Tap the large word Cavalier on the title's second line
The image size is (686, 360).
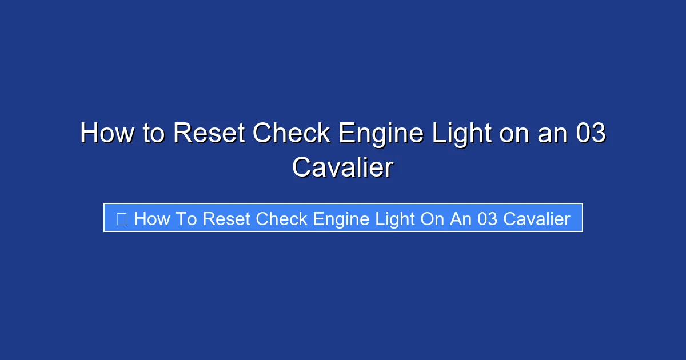tap(342, 168)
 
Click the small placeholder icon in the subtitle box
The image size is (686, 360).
tap(121, 218)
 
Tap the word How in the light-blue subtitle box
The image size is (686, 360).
tap(151, 219)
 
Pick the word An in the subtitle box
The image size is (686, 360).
tap(461, 219)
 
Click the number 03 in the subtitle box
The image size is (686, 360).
tap(487, 219)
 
